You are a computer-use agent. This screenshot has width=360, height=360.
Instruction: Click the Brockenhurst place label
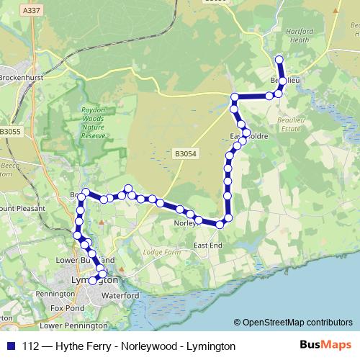22,77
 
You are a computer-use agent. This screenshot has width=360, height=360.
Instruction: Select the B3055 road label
11,132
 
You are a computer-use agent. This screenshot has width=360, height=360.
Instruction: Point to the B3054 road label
184,153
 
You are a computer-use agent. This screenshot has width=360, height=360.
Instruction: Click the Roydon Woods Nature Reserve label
94,123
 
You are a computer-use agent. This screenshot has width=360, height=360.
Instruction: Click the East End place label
208,246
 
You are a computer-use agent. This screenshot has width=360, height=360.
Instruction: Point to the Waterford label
121,296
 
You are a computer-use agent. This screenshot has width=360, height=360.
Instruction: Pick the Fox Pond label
68,308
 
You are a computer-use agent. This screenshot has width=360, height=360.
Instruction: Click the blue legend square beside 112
10,346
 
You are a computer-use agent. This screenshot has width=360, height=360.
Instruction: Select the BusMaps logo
326,346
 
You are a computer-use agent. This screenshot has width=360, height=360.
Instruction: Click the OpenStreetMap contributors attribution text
294,323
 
